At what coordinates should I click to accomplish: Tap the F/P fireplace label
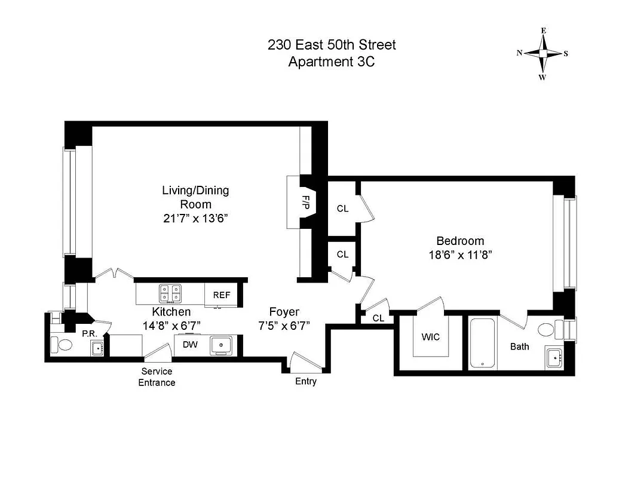pyautogui.click(x=307, y=203)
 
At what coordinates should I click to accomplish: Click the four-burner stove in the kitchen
pyautogui.click(x=170, y=293)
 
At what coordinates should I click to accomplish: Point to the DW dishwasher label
pyautogui.click(x=190, y=345)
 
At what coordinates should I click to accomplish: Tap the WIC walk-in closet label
pyautogui.click(x=430, y=337)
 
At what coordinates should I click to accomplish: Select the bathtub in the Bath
pyautogui.click(x=482, y=344)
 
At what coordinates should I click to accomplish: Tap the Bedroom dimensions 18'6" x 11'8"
pyautogui.click(x=459, y=254)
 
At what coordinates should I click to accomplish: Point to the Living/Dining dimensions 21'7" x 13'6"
pyautogui.click(x=195, y=218)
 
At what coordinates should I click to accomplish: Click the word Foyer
pyautogui.click(x=284, y=312)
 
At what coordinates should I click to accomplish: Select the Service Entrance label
pyautogui.click(x=157, y=377)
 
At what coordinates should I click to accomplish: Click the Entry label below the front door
pyautogui.click(x=305, y=382)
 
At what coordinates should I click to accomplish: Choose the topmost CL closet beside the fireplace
pyautogui.click(x=342, y=209)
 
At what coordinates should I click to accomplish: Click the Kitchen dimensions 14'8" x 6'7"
pyautogui.click(x=171, y=325)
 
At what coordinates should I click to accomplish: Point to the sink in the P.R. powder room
pyautogui.click(x=96, y=348)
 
